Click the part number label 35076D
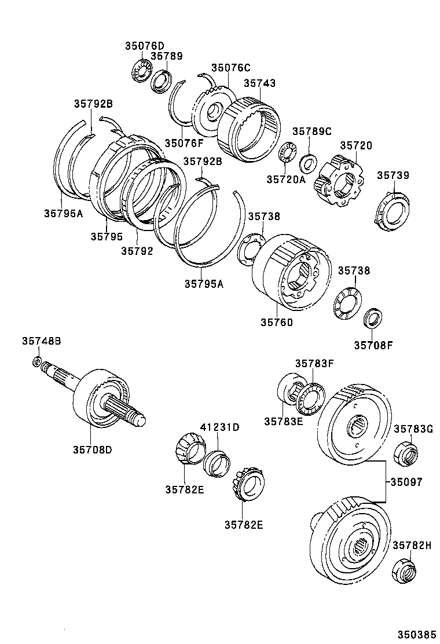coord(144,46)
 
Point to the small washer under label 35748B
coord(36,363)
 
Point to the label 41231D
coord(219,427)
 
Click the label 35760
coord(276,322)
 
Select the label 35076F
coord(184,143)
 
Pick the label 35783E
coord(284,421)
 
